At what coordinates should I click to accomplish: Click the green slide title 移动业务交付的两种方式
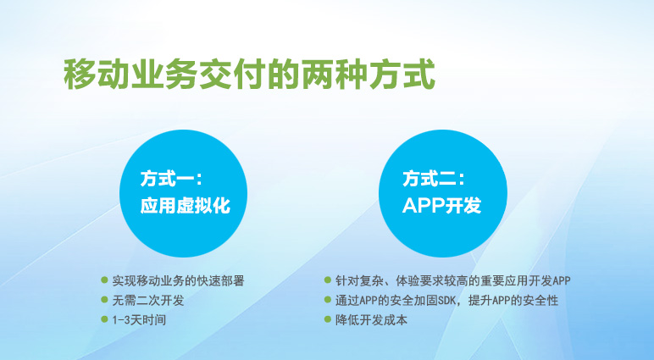(x=249, y=75)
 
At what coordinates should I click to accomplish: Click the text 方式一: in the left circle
(x=171, y=179)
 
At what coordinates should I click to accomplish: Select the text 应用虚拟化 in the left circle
(x=186, y=205)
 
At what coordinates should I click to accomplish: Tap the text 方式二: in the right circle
(x=434, y=179)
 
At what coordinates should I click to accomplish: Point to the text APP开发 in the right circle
(x=441, y=205)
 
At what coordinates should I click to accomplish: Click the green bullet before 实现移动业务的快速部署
(x=104, y=280)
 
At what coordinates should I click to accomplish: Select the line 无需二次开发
(x=148, y=300)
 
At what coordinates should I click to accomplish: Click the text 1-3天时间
(x=139, y=320)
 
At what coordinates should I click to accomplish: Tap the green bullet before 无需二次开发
(x=104, y=300)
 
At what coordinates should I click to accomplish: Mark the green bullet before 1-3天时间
(x=104, y=319)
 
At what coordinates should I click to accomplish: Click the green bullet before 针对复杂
(x=328, y=280)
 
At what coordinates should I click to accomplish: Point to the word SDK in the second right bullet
(x=446, y=301)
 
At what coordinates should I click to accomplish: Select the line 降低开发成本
(x=372, y=320)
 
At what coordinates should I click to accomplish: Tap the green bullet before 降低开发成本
(x=328, y=319)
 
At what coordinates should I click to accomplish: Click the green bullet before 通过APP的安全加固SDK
(x=328, y=300)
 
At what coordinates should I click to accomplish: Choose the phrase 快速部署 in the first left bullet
(x=220, y=280)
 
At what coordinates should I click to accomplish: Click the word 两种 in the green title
(x=335, y=75)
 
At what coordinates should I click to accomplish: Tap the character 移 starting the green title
(x=80, y=75)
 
